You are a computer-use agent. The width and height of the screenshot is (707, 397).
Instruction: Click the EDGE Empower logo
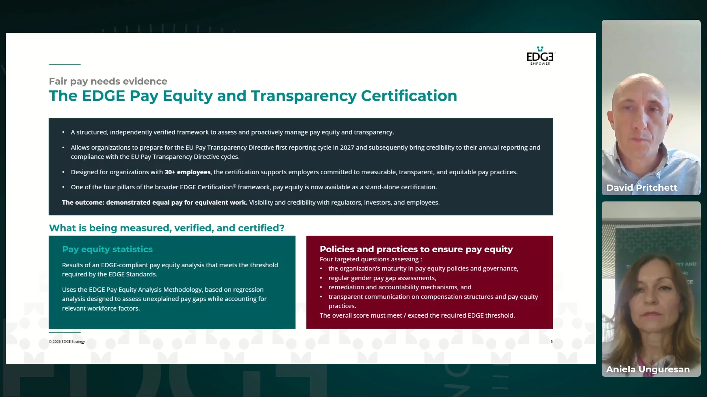pyautogui.click(x=541, y=56)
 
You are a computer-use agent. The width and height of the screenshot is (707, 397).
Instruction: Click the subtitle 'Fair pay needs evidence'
pyautogui.click(x=108, y=81)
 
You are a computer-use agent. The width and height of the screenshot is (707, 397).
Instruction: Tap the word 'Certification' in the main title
pyautogui.click(x=409, y=96)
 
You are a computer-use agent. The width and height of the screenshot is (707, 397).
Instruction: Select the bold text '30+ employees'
pyautogui.click(x=187, y=172)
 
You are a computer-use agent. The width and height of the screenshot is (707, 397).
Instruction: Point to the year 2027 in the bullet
pyautogui.click(x=347, y=147)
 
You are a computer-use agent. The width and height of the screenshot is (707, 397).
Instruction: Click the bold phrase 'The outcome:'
pyautogui.click(x=83, y=203)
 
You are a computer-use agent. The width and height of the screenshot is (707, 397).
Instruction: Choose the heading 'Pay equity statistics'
pyautogui.click(x=107, y=249)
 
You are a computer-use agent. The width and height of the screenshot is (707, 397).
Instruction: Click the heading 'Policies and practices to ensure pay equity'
pyautogui.click(x=416, y=249)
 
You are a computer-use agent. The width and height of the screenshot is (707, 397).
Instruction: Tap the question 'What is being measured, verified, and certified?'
pyautogui.click(x=166, y=228)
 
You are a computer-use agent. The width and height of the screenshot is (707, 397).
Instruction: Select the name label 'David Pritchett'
pyautogui.click(x=641, y=188)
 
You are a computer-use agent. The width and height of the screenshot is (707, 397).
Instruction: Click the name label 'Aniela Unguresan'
pyautogui.click(x=648, y=369)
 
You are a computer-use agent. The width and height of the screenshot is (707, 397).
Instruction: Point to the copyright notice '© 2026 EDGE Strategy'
pyautogui.click(x=67, y=341)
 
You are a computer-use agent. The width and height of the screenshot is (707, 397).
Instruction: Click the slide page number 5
pyautogui.click(x=552, y=341)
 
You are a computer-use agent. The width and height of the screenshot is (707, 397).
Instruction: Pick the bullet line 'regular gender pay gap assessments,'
pyautogui.click(x=382, y=278)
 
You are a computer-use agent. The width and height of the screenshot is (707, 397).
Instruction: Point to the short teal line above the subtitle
pyautogui.click(x=64, y=64)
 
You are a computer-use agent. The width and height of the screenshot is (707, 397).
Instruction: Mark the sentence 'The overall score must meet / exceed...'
pyautogui.click(x=417, y=315)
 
